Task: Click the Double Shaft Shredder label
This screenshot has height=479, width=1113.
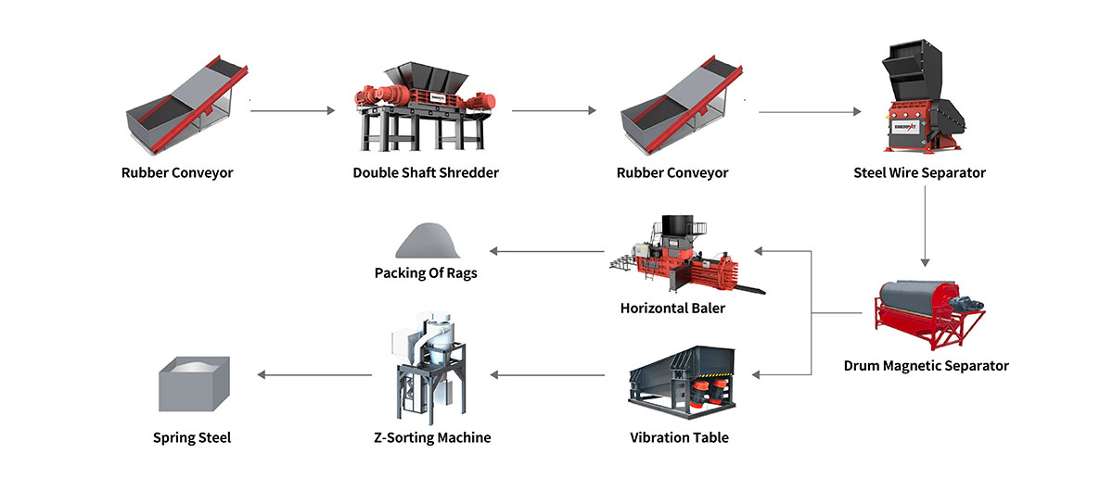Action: click(426, 172)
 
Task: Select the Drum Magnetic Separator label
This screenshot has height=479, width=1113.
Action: click(926, 365)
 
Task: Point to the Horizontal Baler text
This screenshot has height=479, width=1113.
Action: click(672, 308)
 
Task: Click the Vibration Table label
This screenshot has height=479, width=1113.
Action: click(679, 437)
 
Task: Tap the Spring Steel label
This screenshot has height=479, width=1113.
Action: click(191, 437)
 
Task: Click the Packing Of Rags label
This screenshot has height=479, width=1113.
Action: click(426, 273)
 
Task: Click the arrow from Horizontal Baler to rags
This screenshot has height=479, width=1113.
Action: click(547, 251)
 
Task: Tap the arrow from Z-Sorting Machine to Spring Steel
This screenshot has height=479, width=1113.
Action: click(315, 375)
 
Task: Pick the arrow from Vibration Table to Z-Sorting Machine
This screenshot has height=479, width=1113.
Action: click(547, 375)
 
